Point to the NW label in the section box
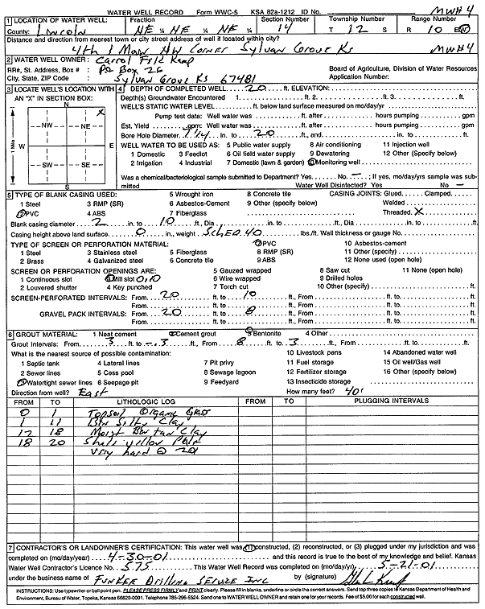[x=47, y=127]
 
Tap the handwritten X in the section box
[x=100, y=113]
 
